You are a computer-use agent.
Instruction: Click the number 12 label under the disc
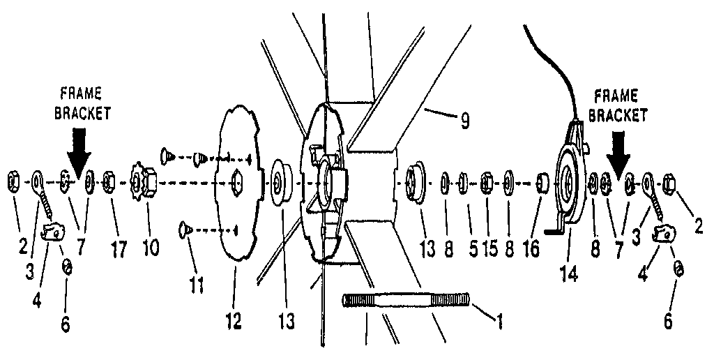(x=233, y=322)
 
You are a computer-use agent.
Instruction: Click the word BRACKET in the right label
(x=623, y=116)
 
